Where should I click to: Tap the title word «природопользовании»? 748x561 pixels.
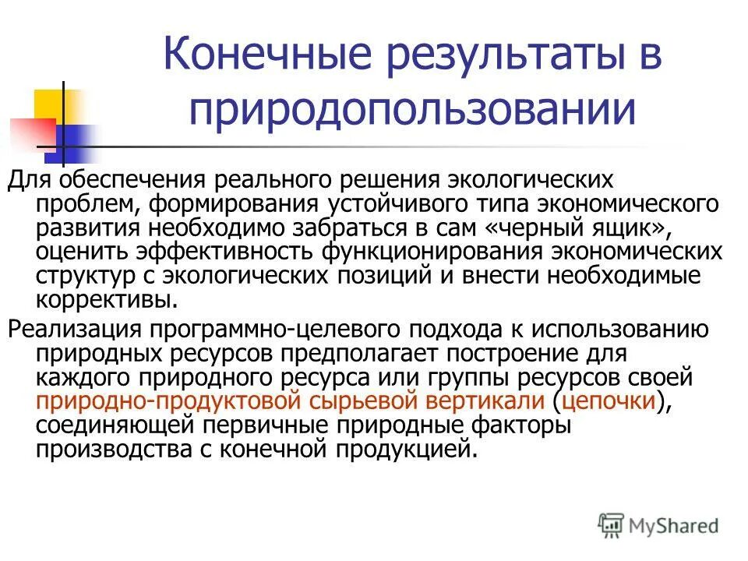411,110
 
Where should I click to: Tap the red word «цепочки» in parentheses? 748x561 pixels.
609,401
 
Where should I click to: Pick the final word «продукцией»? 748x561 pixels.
406,450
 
